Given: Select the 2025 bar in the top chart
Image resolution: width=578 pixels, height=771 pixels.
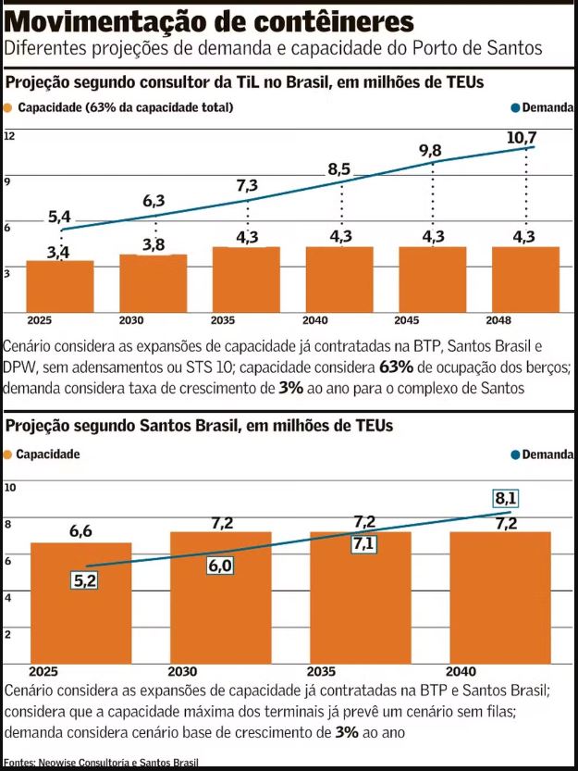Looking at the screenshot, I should (59, 287).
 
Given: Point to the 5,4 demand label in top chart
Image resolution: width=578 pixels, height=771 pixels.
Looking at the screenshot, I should (59, 218).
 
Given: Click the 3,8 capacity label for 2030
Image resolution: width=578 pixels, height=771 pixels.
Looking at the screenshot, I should (154, 244).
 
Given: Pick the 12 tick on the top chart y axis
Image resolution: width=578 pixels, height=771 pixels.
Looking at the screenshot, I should (10, 136).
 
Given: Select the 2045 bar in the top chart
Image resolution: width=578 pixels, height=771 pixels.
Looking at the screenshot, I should (432, 280).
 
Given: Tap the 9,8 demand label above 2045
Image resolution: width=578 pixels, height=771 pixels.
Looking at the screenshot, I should (430, 151).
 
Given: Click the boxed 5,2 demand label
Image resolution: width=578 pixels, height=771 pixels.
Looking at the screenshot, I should (85, 580).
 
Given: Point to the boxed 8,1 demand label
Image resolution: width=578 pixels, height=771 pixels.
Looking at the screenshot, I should (506, 498).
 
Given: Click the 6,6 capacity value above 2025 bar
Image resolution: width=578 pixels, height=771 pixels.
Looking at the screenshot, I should (81, 531).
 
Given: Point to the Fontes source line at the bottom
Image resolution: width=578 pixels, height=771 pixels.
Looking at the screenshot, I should (101, 763).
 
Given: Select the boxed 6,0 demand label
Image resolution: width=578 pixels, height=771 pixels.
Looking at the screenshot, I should (220, 566).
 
